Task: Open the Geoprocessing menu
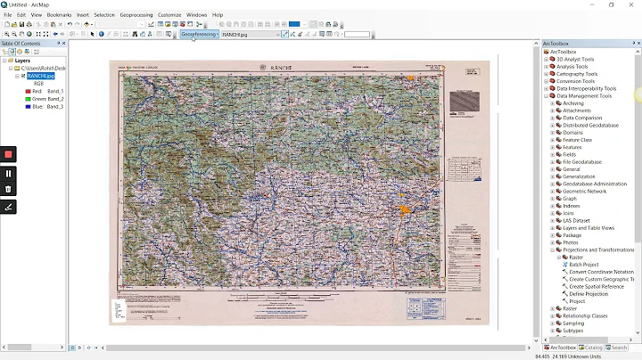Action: (136, 15)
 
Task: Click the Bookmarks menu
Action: (59, 15)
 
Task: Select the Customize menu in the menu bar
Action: (169, 15)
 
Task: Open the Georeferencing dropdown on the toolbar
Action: (200, 34)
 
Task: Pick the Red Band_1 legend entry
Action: (45, 91)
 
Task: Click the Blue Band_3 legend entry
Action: (45, 106)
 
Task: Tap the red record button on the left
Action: (8, 154)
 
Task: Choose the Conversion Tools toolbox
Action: (575, 81)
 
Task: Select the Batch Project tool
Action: (584, 265)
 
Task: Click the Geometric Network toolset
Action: (584, 191)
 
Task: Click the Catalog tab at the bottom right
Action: (591, 348)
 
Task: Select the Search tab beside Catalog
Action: (618, 348)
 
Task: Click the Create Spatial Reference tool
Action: (596, 287)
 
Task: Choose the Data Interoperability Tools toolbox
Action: (586, 88)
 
